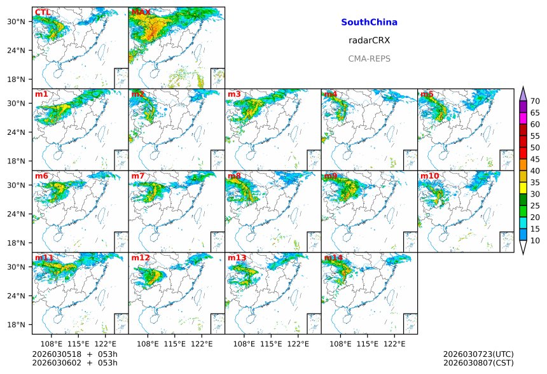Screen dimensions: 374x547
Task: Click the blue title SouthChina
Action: pos(369,22)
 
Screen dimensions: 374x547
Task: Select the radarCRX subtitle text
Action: pos(369,40)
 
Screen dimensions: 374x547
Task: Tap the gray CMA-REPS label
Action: pos(369,59)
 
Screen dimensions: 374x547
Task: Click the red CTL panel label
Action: pos(43,12)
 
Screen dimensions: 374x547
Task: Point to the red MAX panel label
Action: pos(141,12)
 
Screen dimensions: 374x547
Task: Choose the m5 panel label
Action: pos(426,94)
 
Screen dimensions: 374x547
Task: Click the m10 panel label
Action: pos(429,176)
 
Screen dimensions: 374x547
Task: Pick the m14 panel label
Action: pos(333,258)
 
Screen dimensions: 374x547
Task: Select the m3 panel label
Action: pos(234,94)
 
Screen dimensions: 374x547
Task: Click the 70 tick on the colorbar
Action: pos(535,101)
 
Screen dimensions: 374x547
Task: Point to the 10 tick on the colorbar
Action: pos(535,240)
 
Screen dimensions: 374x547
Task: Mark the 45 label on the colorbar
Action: pos(535,159)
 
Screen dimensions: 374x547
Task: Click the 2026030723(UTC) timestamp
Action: pos(478,354)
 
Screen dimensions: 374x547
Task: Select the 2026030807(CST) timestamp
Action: pos(478,363)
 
